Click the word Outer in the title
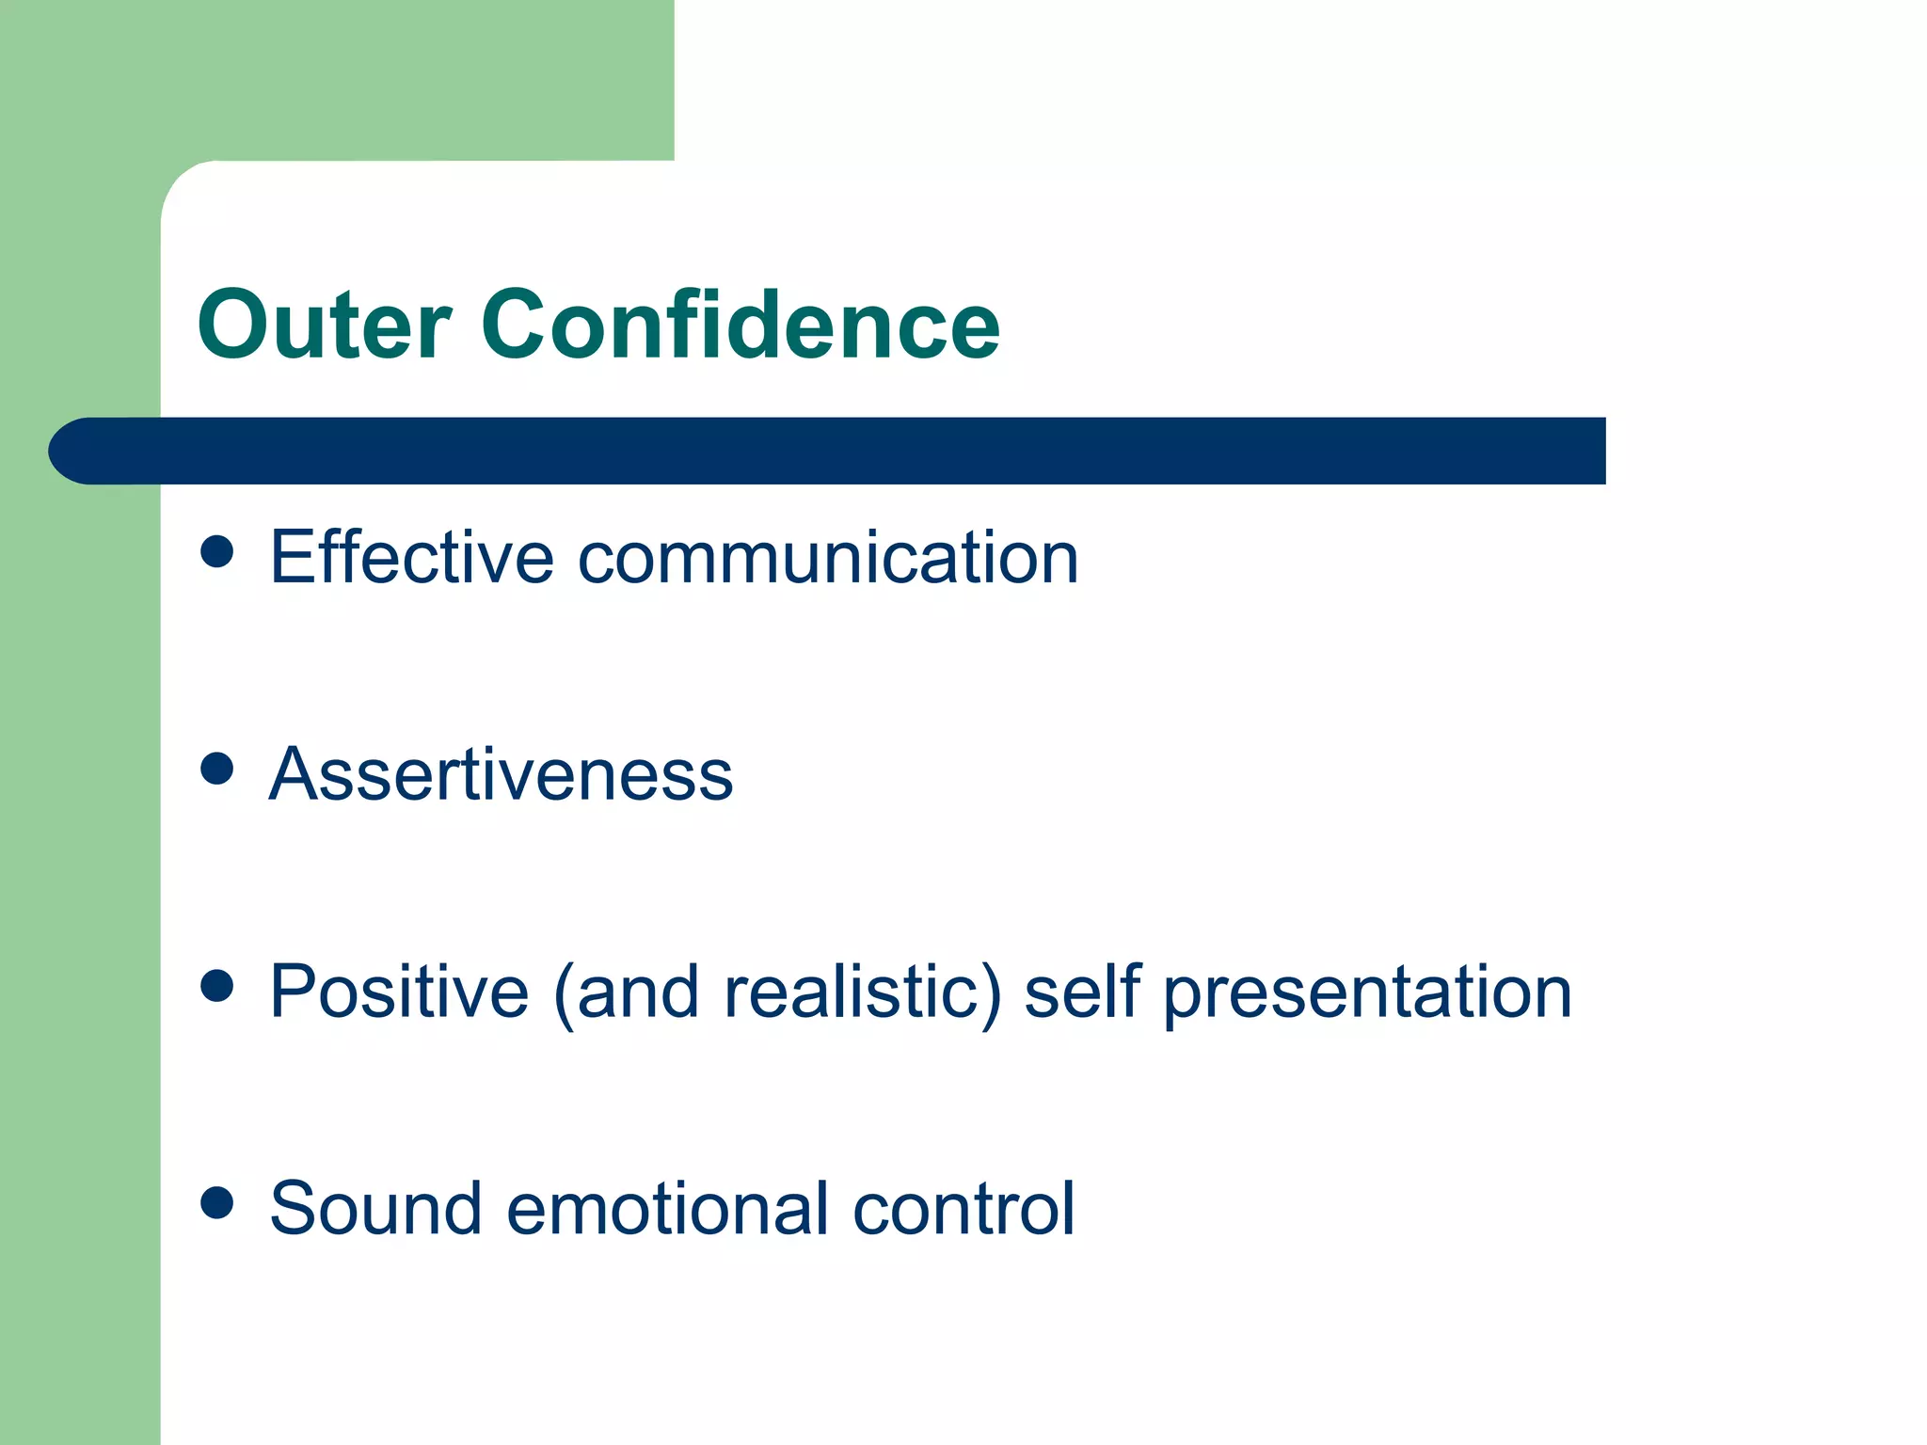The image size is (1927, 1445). [x=324, y=326]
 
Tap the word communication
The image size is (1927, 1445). [x=827, y=559]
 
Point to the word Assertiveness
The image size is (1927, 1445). [x=501, y=775]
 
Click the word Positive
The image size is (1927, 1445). [x=399, y=992]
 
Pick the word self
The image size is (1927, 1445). [x=1082, y=992]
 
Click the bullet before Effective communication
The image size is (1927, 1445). [x=217, y=551]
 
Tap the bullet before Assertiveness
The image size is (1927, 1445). [x=217, y=769]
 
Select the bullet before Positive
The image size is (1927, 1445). [x=217, y=986]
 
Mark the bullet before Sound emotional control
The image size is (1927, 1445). [x=217, y=1202]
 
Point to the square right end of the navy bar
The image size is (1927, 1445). [x=1590, y=451]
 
